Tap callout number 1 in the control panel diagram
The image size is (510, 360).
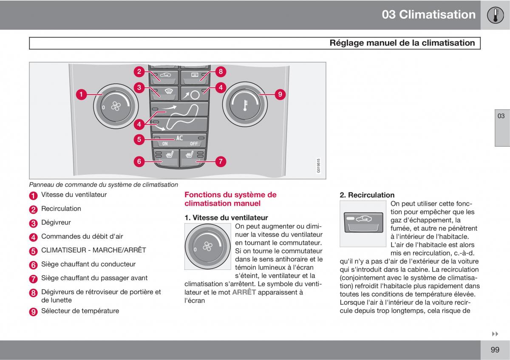point(81,94)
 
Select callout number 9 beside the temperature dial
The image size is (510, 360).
point(280,94)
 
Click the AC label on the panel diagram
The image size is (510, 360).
point(179,138)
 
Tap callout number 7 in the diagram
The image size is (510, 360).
point(221,162)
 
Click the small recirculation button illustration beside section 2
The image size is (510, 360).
point(363,224)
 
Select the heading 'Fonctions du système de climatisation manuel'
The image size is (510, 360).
point(230,199)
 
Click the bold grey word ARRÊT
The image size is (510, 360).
point(244,292)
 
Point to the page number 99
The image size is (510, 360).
point(495,350)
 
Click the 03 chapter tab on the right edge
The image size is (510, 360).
point(501,116)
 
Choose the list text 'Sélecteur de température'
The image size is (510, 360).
point(80,311)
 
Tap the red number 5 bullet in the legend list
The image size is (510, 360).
point(34,251)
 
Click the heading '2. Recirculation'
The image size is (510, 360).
point(367,195)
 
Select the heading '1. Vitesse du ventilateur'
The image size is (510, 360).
point(226,218)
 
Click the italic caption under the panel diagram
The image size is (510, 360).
point(103,184)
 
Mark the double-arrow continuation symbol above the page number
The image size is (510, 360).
point(495,334)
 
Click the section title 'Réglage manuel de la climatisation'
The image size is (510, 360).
point(402,43)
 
